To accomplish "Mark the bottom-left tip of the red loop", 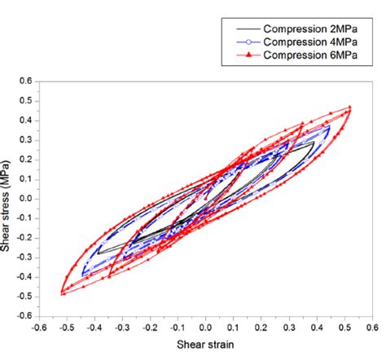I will [62, 293].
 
